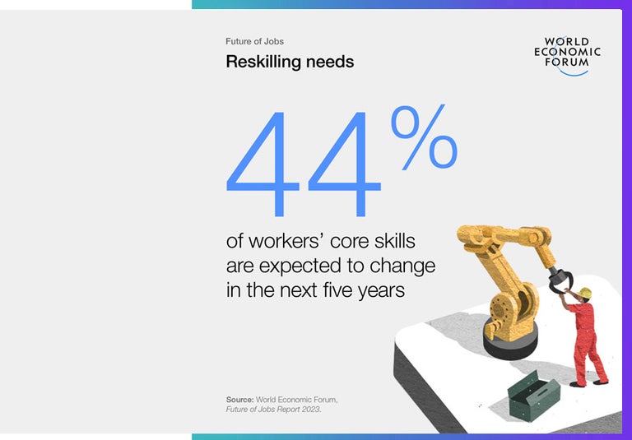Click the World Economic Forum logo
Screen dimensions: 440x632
coord(567,55)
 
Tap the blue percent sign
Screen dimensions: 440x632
coord(423,138)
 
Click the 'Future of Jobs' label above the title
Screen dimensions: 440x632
coord(254,41)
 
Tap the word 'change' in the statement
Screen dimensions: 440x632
coord(407,266)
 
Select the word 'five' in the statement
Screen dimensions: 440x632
coord(332,290)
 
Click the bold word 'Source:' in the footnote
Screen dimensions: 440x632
coord(239,400)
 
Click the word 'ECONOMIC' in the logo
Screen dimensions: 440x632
coord(567,51)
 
